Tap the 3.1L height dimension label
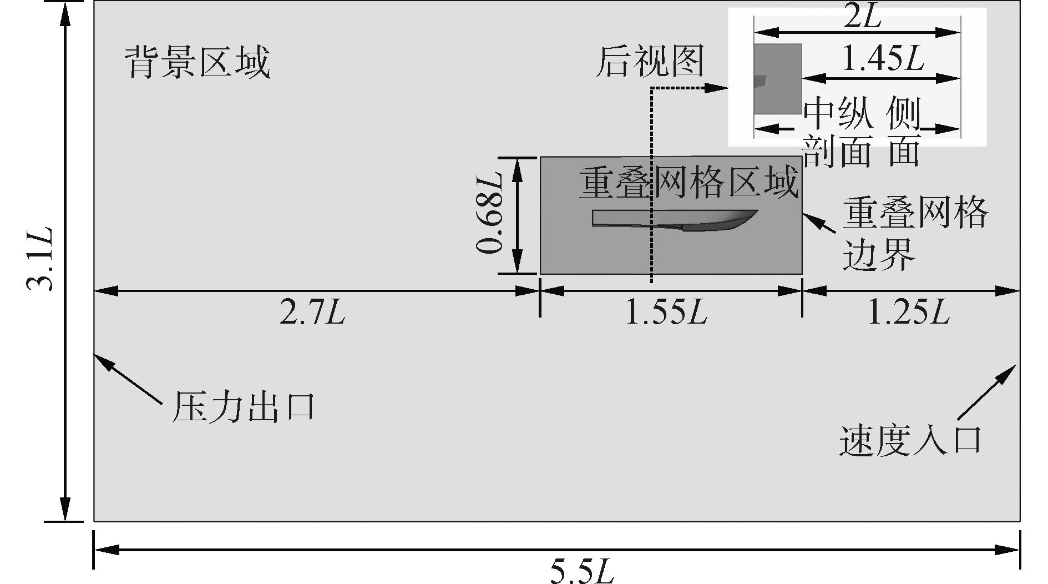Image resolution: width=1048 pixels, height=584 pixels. (x=40, y=259)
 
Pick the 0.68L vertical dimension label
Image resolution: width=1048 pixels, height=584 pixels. (x=489, y=214)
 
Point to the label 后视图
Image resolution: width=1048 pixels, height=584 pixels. (x=649, y=61)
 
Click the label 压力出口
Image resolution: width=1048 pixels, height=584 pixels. (x=243, y=407)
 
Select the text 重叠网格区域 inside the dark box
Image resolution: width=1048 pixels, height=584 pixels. (x=688, y=183)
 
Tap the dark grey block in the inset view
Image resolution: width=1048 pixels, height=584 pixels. (x=777, y=78)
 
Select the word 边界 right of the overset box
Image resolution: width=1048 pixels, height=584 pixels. (x=878, y=256)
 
